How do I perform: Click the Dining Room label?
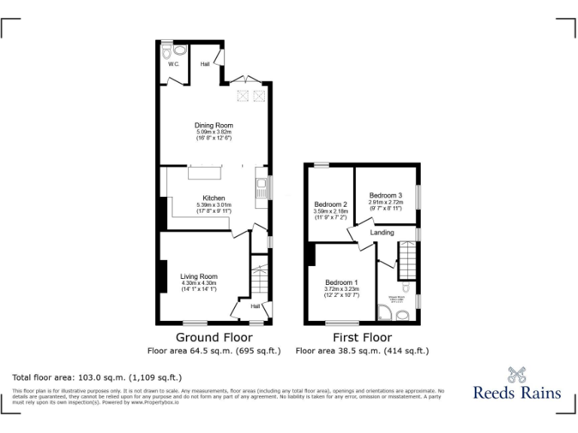point(214,126)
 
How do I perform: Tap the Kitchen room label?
point(214,198)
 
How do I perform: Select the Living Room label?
point(199,276)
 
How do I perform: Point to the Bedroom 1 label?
point(342,282)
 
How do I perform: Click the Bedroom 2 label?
point(330,204)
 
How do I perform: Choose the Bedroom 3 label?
point(385,195)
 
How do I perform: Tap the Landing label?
point(382,233)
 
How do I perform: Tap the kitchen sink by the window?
point(260,188)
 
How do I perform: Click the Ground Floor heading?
point(214,338)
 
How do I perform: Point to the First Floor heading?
point(361,338)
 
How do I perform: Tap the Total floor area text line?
point(97,377)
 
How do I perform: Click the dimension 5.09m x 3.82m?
point(214,132)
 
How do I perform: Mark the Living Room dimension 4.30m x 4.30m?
point(199,283)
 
